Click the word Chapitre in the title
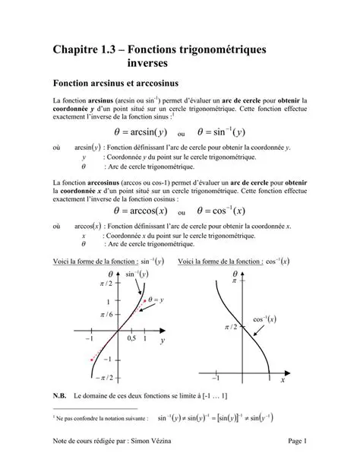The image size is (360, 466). [80, 50]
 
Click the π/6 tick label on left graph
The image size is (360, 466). [105, 314]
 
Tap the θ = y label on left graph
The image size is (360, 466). [155, 300]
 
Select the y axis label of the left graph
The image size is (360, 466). [162, 342]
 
